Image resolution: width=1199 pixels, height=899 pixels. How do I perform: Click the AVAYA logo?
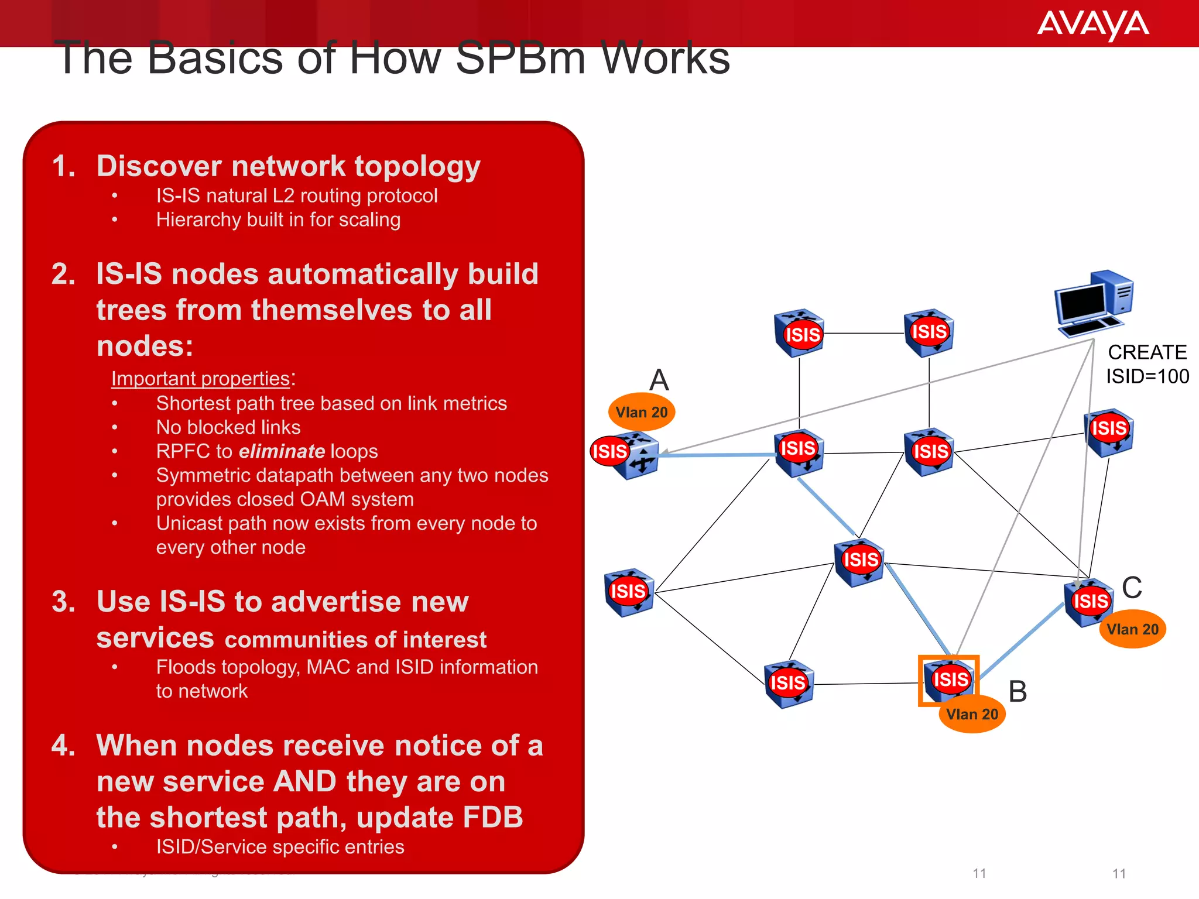1092,25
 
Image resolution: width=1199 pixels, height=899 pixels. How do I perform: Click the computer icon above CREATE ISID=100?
1093,303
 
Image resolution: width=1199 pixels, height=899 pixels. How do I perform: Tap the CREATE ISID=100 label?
1146,364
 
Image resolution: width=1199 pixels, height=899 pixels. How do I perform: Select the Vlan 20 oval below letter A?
642,412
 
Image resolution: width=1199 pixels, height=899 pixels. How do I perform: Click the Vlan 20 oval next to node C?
1132,629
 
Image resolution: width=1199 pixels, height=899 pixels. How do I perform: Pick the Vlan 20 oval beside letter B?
972,714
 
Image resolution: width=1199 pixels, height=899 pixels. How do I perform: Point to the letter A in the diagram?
659,380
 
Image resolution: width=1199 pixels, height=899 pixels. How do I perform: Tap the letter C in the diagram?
1132,587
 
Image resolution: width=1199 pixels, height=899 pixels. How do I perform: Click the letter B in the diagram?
1018,691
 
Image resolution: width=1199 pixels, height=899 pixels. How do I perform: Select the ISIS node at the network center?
859,561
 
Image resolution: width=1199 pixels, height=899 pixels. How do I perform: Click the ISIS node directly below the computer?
1108,431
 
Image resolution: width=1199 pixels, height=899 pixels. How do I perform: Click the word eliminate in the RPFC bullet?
282,451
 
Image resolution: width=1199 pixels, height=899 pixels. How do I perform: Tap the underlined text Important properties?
200,379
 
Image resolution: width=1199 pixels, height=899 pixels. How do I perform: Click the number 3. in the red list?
63,602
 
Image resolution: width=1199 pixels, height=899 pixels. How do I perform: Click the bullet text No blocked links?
228,427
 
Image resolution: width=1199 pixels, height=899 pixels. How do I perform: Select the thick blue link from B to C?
1022,640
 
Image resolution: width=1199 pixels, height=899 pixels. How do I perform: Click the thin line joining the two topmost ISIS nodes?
864,333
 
